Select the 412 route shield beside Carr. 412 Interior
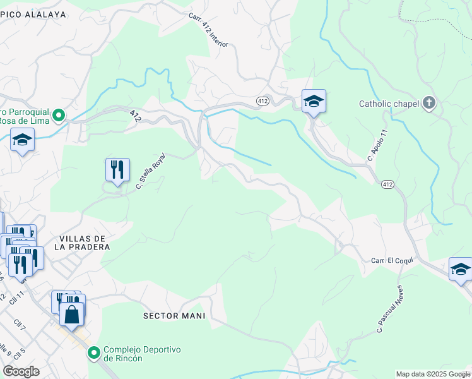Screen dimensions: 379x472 tap(263, 101)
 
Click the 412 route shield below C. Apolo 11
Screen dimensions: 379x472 tap(387, 184)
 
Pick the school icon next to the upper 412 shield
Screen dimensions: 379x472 tap(314, 101)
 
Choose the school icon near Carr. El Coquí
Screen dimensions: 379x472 tap(461, 268)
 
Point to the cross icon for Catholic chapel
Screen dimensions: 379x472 tap(429, 104)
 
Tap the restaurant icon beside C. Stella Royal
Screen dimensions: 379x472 tap(117, 169)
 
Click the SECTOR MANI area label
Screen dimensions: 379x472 tap(175, 315)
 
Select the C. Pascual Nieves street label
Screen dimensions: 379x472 tap(389, 308)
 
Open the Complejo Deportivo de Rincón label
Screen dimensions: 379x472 tap(142, 354)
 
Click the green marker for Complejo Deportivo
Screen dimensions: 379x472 tap(94, 352)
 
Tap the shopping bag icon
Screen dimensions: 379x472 tap(73, 312)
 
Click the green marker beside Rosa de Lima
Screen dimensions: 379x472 tap(59, 116)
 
